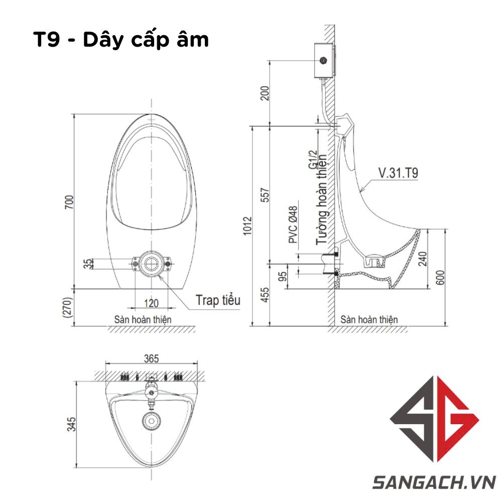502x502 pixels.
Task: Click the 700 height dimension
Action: coord(69,202)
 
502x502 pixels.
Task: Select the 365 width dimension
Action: coord(151,358)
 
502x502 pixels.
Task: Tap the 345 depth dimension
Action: coord(71,424)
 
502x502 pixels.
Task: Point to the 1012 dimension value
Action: coord(247,226)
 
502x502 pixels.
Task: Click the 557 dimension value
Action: coord(265,195)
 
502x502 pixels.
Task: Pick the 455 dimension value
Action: coord(265,295)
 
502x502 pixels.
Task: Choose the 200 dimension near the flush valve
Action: coord(265,93)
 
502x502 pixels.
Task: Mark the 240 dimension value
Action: coord(423,259)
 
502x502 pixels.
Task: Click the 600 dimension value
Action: coord(441,277)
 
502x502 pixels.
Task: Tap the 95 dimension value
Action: coord(283,276)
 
